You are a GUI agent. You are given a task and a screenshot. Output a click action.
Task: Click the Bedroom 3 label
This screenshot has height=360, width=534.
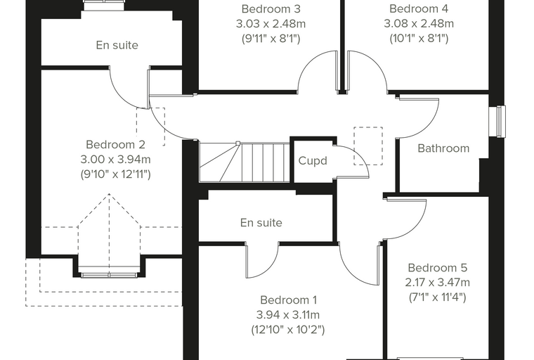(271, 9)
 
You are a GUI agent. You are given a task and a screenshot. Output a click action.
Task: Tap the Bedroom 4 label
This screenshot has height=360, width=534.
(419, 8)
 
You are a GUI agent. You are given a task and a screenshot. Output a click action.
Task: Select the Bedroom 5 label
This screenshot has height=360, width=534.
(438, 268)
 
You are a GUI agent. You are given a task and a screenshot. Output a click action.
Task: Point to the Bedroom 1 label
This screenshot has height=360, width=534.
(289, 300)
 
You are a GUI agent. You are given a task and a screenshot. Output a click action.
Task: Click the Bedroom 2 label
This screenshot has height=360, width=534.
(115, 145)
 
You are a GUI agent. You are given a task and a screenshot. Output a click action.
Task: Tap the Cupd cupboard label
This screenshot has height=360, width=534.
(313, 161)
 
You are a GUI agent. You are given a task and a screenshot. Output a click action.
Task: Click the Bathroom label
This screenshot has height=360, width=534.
(443, 148)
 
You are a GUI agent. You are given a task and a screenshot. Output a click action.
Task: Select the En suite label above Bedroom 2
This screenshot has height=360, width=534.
(117, 45)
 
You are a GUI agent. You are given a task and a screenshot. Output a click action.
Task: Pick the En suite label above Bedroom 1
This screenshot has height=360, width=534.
(261, 223)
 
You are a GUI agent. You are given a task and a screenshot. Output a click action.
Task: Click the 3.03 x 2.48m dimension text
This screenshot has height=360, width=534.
(271, 24)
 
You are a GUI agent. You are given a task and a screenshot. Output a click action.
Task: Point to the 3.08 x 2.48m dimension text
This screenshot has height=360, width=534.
(419, 23)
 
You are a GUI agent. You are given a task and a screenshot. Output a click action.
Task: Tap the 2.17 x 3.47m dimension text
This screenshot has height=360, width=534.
(438, 283)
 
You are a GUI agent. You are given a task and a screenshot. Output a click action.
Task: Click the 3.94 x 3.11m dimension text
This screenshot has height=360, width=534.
(289, 315)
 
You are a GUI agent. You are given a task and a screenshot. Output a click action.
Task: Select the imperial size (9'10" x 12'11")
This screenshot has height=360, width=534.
(115, 174)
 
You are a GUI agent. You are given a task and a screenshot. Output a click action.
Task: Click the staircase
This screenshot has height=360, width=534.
(245, 162)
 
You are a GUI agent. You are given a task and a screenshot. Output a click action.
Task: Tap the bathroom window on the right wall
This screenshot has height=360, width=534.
(500, 122)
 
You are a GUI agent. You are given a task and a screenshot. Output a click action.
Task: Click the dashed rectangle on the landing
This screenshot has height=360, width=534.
(368, 146)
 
